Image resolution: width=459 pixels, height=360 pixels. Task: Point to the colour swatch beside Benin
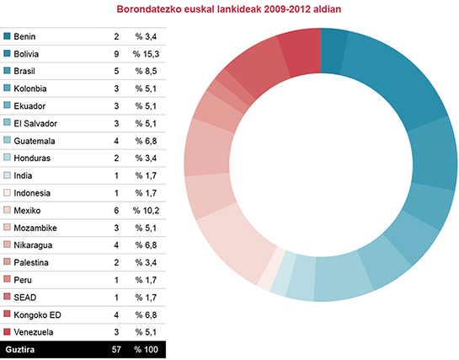[8, 37]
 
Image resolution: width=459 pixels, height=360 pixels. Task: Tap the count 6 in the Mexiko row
[116, 209]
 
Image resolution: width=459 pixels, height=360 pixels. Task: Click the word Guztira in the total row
[21, 348]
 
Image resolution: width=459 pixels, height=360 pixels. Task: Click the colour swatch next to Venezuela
[8, 331]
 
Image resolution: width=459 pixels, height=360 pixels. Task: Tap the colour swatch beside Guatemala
[8, 141]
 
